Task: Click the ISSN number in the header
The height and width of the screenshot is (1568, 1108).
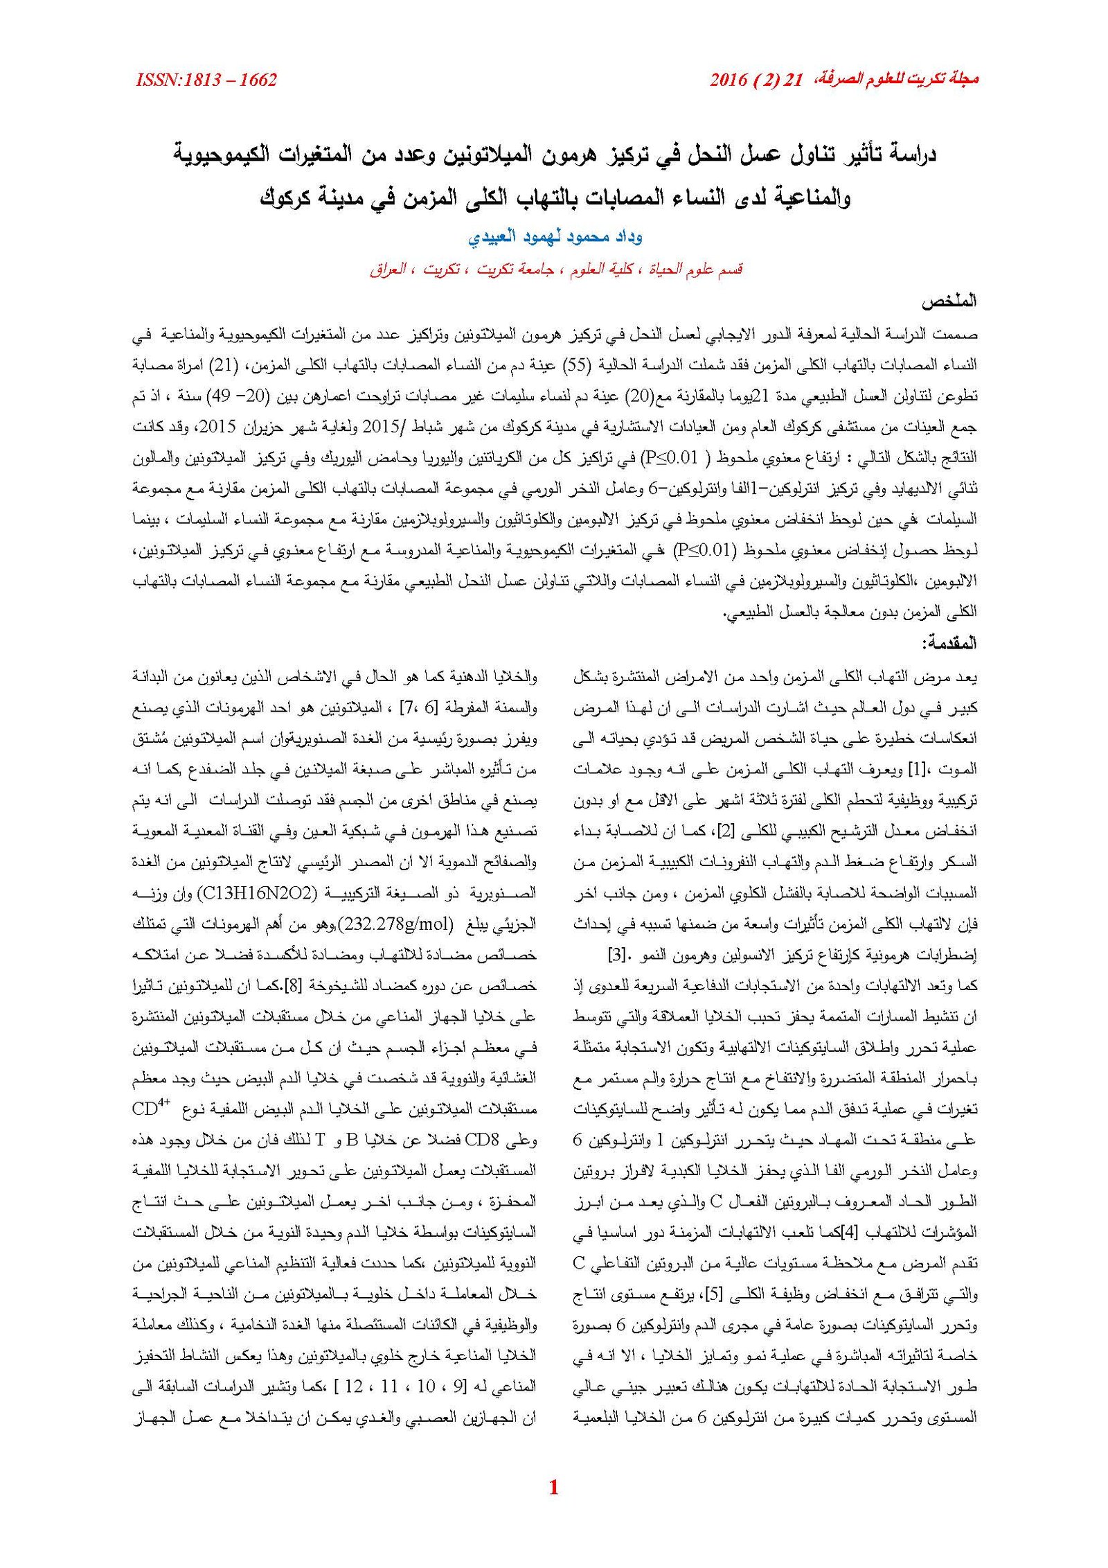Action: click(206, 80)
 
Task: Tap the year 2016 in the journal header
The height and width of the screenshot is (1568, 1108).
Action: click(729, 80)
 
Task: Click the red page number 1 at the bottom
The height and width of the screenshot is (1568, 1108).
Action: click(553, 1506)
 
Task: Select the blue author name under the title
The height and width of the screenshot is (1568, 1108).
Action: click(555, 237)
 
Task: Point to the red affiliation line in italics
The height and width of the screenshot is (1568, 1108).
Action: click(555, 269)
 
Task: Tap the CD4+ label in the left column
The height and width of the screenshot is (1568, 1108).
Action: click(151, 1109)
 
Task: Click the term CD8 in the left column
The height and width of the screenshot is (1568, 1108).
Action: click(521, 1140)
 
